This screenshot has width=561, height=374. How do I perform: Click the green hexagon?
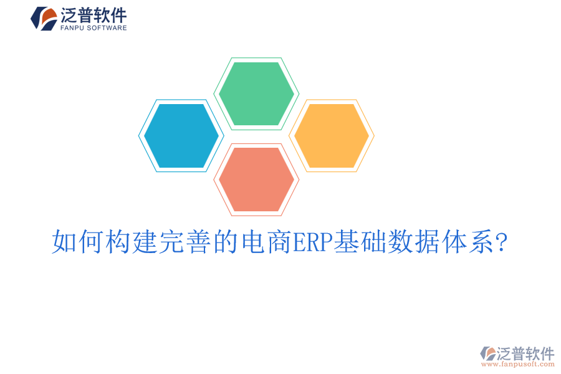point(256,93)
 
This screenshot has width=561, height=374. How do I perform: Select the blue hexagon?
point(181,136)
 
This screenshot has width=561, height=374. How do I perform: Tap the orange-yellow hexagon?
point(331,136)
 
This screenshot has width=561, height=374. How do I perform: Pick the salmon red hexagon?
point(256,180)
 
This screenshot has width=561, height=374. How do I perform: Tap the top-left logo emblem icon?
point(44,18)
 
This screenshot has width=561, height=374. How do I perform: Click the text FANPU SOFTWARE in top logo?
point(94,28)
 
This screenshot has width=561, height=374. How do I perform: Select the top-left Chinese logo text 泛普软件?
point(94,15)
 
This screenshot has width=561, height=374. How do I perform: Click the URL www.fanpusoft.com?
point(519,364)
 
